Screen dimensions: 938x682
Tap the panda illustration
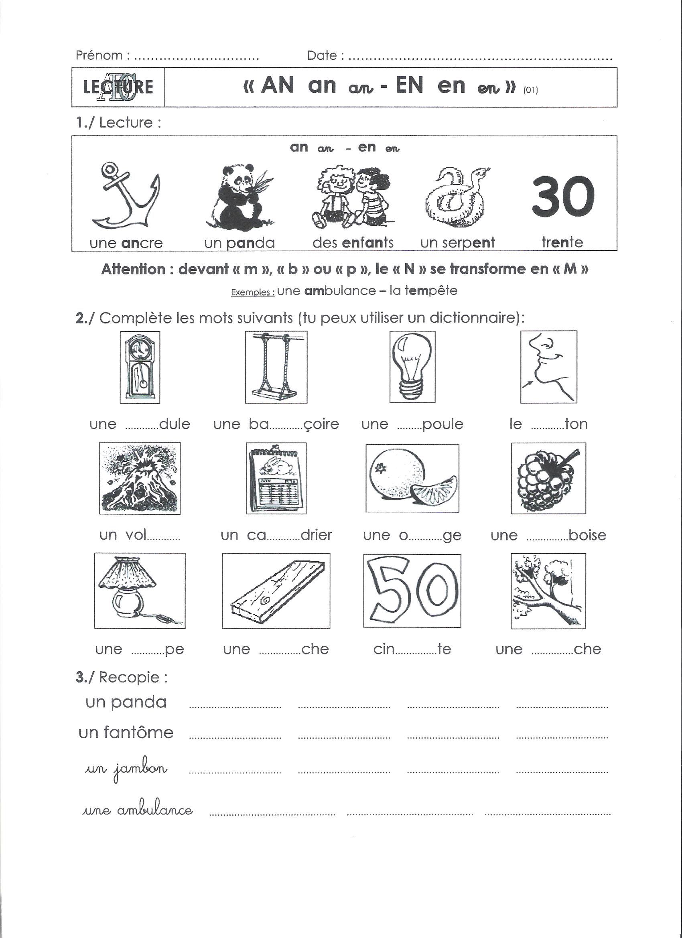coord(239,197)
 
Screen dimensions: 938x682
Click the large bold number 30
coord(562,196)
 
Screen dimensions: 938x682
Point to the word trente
coord(562,242)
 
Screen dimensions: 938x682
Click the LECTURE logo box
coord(118,87)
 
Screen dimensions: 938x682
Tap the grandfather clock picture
coord(140,367)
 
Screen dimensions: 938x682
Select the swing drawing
coord(276,367)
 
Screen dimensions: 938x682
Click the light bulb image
coord(412,367)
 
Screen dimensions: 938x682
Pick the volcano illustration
coord(140,478)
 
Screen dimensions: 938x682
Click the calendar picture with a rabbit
coord(276,479)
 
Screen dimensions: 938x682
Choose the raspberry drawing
coord(548,479)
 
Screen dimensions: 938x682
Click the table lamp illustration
coord(140,591)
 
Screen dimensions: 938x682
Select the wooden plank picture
coord(276,591)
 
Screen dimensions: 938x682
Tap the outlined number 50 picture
coord(412,591)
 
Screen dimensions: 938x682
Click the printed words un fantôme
coord(126,733)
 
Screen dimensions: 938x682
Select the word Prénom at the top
coord(99,55)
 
